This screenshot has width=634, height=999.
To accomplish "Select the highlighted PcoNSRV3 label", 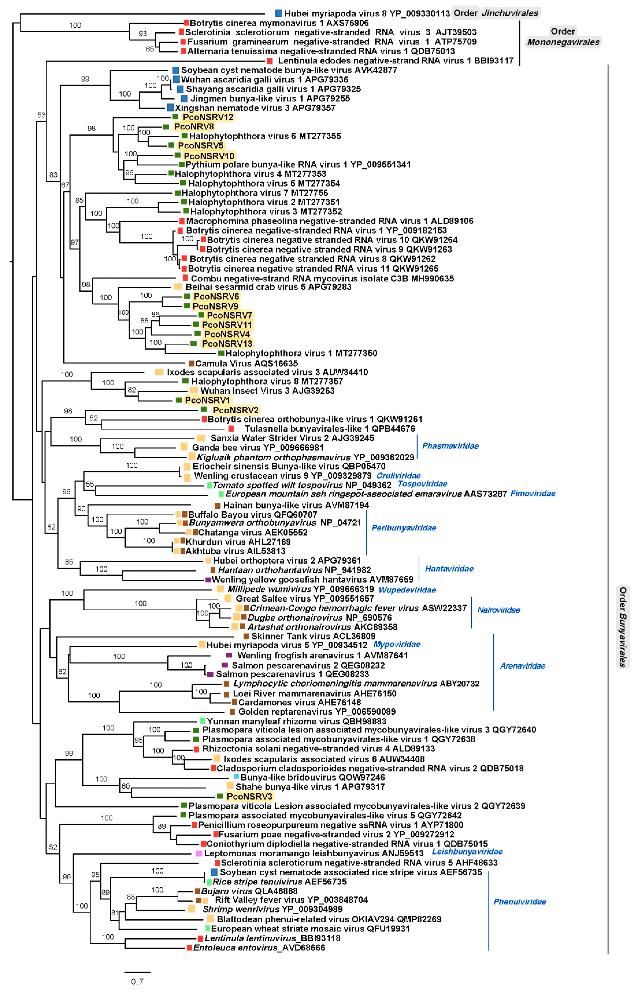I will [249, 797].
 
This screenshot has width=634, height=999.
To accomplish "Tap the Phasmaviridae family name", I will [450, 446].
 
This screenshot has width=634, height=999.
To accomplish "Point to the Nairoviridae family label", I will [498, 610].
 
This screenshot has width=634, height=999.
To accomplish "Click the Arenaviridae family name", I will [522, 666].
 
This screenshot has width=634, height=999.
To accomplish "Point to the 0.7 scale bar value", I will [137, 982].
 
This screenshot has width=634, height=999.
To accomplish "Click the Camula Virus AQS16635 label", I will [246, 364].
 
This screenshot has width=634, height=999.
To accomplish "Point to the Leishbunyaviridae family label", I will [467, 852].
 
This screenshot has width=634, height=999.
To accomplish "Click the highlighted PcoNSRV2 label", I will [235, 410].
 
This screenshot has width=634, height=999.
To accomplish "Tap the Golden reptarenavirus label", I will [317, 712].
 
